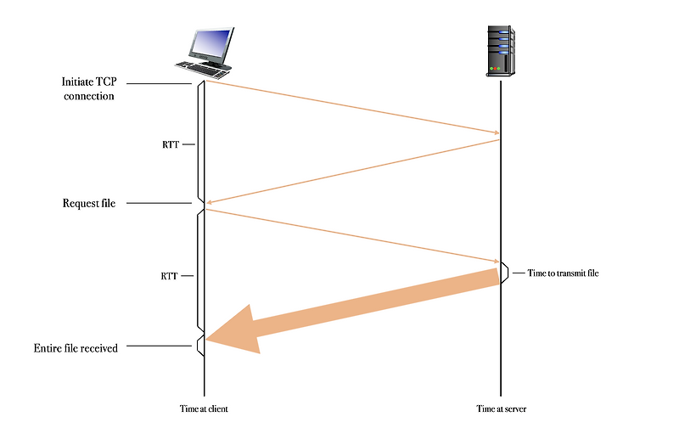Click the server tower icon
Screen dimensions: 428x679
click(x=501, y=51)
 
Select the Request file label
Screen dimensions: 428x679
click(x=89, y=203)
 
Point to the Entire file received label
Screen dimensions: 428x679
click(x=76, y=347)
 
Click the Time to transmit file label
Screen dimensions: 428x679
click(x=563, y=273)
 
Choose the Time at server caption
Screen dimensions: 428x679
click(x=501, y=408)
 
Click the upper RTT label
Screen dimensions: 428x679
click(x=170, y=144)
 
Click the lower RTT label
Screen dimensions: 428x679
click(x=170, y=277)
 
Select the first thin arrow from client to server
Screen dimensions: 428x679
click(x=351, y=106)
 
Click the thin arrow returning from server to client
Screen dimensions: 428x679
click(x=351, y=172)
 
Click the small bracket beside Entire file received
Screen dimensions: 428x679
click(x=199, y=345)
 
